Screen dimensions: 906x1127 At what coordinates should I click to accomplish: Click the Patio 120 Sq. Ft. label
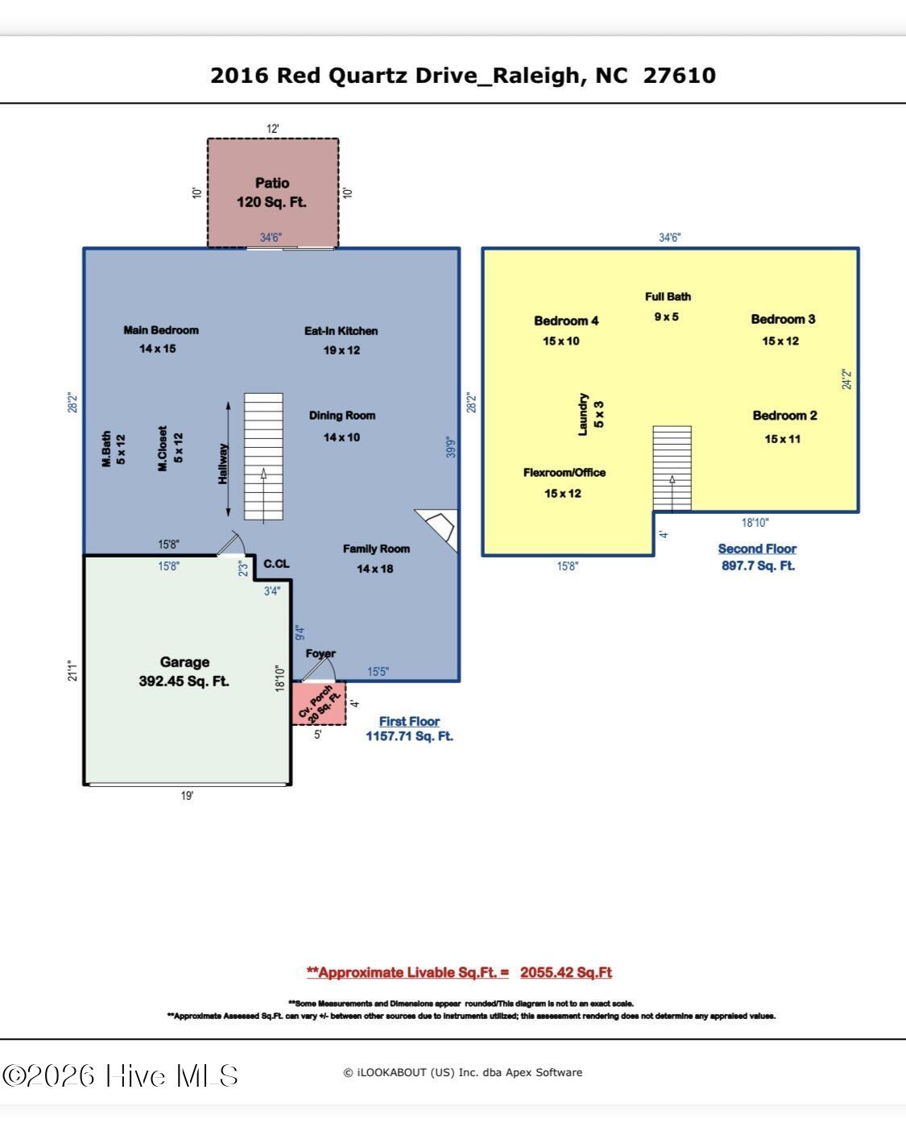click(x=271, y=193)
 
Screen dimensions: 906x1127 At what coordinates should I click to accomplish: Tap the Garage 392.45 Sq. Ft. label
click(x=184, y=671)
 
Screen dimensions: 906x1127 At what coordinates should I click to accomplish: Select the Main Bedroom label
click(x=161, y=330)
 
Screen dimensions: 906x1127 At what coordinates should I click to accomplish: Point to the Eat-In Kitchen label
click(x=341, y=331)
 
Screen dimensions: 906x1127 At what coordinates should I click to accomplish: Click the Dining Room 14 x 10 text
click(x=342, y=426)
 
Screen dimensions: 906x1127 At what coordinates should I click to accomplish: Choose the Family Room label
click(x=376, y=549)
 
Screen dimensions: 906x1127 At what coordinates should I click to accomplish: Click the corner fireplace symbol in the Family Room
click(x=437, y=529)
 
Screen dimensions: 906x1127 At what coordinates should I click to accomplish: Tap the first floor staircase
click(x=263, y=457)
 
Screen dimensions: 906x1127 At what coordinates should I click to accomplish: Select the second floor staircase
click(x=672, y=468)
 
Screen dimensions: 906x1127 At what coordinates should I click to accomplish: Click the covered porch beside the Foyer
click(x=319, y=703)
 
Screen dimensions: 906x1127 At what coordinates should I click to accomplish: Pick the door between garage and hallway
click(x=231, y=544)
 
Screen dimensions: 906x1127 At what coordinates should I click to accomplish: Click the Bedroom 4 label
click(x=566, y=321)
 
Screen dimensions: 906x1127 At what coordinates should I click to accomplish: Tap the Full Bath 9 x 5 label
click(x=668, y=306)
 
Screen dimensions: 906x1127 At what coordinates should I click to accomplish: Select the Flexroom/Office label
click(x=565, y=472)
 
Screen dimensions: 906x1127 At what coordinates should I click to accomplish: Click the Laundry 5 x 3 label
click(x=591, y=414)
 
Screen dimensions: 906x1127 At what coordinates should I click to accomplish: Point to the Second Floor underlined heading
click(x=757, y=549)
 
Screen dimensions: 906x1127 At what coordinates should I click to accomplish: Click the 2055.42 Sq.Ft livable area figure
click(x=566, y=972)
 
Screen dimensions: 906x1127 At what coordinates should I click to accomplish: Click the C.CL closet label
click(x=276, y=564)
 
